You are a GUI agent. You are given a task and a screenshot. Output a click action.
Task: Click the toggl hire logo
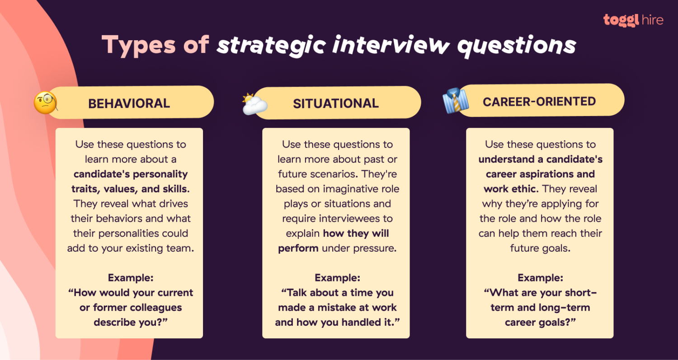(x=633, y=20)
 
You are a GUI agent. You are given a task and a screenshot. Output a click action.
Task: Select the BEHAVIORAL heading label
(x=129, y=103)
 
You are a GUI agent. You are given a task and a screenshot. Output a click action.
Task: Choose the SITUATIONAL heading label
(x=335, y=103)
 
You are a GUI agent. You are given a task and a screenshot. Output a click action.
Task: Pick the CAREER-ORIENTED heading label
(x=539, y=101)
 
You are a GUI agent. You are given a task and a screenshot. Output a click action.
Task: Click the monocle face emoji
(x=45, y=103)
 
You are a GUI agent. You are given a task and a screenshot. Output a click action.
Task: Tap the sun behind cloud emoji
(x=254, y=104)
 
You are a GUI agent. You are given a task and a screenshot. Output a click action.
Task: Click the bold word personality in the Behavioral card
(x=158, y=174)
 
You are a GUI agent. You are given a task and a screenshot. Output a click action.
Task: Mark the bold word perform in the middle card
(x=298, y=248)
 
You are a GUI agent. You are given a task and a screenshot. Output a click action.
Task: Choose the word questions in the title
(x=517, y=46)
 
